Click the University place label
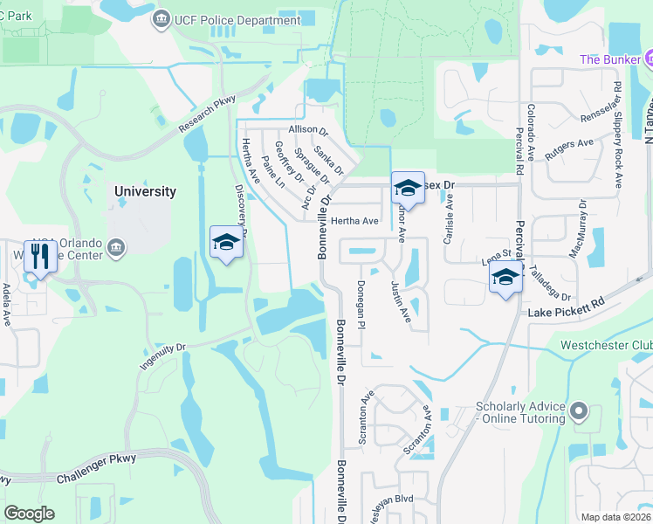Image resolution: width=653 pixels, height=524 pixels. pos(145,191)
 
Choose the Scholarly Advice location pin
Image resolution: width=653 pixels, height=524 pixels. pos(578,411)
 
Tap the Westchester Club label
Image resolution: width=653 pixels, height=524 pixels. pos(606,344)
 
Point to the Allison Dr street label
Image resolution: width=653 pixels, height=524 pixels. pos(307,130)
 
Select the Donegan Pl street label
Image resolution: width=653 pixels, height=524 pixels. pos(361,306)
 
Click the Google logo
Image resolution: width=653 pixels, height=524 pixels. pos(29,514)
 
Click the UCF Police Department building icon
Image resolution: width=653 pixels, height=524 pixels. pos(162,19)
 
